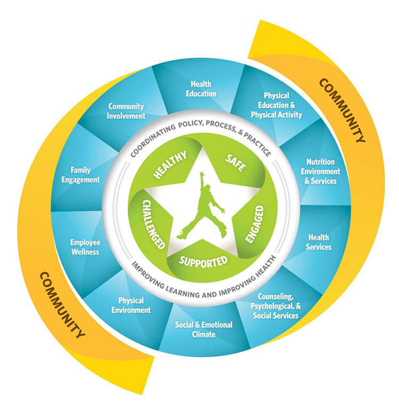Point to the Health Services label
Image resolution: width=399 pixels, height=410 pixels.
[x=319, y=242]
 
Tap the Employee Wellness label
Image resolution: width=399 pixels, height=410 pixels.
[x=85, y=247]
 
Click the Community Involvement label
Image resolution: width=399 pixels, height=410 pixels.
[x=127, y=111]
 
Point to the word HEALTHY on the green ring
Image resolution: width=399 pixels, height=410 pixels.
[x=170, y=165]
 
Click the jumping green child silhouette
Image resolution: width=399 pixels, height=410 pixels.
[x=203, y=206]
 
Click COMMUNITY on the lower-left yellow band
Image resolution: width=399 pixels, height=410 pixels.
[x=62, y=304]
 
